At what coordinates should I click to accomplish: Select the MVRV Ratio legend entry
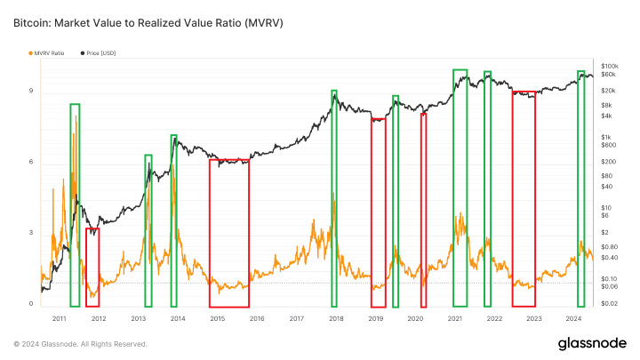pos(48,53)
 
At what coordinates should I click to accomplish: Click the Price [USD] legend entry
pos(100,53)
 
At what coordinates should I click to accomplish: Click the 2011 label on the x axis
pos(59,317)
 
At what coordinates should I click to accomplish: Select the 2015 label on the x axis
pos(217,317)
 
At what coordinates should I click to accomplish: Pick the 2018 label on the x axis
pos(336,317)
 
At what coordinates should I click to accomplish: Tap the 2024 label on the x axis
pos(573,317)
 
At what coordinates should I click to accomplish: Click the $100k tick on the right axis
pos(610,67)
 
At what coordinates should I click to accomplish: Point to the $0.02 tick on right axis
pos(610,304)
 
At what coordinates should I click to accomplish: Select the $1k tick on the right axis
pos(607,136)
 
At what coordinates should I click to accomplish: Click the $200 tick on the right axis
pos(608,161)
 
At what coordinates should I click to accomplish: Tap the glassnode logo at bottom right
pos(590,343)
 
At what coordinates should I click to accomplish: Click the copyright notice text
pos(80,344)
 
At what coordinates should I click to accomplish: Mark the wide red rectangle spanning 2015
pos(228,233)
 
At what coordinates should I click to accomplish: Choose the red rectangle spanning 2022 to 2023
pos(524,198)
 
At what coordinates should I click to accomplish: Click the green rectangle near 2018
pos(334,197)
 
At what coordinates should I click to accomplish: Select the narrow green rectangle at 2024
pos(580,188)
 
